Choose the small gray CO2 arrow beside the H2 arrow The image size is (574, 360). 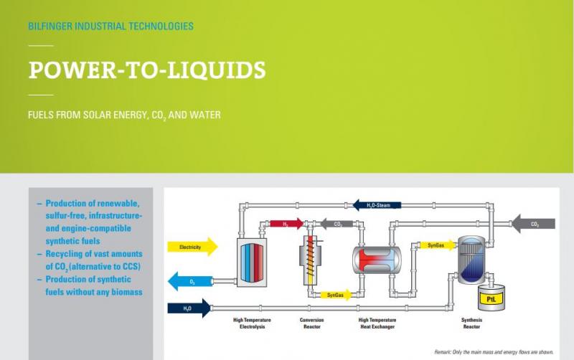click(x=335, y=224)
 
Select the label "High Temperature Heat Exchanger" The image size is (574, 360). click(x=377, y=323)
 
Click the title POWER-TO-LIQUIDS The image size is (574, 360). click(x=147, y=71)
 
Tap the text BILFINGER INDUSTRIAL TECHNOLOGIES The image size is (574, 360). click(x=110, y=27)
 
